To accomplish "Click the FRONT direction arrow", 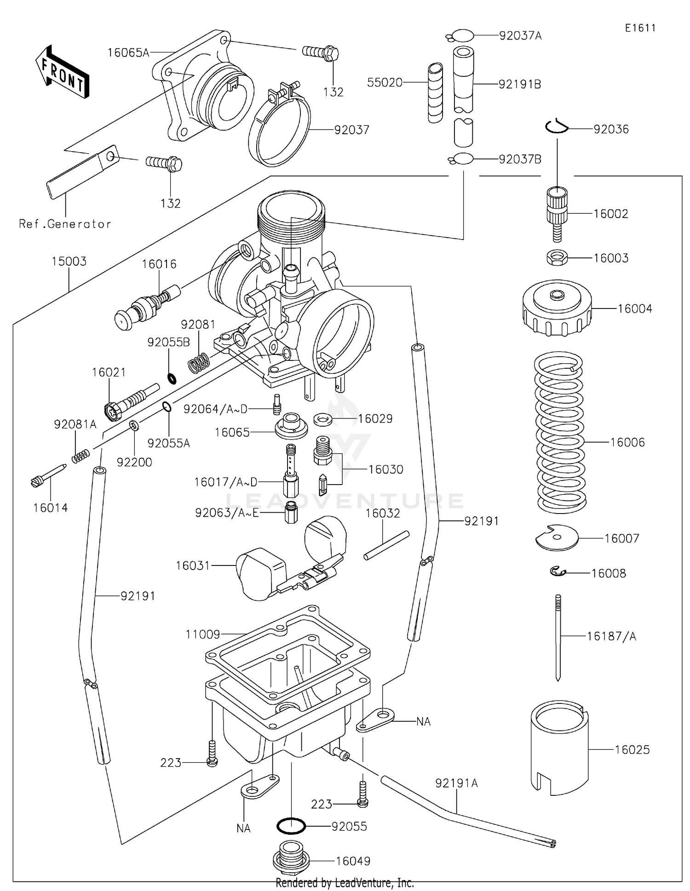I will click(x=62, y=72).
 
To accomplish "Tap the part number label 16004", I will click(x=634, y=308).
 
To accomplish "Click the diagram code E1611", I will click(x=640, y=28).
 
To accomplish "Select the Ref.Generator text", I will click(x=65, y=224).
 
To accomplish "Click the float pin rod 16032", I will click(x=386, y=545).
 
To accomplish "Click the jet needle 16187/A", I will click(x=558, y=637).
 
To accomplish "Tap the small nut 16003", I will click(x=557, y=257).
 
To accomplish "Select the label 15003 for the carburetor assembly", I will click(x=69, y=261).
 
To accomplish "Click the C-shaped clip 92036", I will click(x=557, y=126).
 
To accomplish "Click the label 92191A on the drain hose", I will click(x=456, y=782).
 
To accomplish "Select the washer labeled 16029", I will click(x=324, y=419).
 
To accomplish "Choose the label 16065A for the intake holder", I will click(x=128, y=52).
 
